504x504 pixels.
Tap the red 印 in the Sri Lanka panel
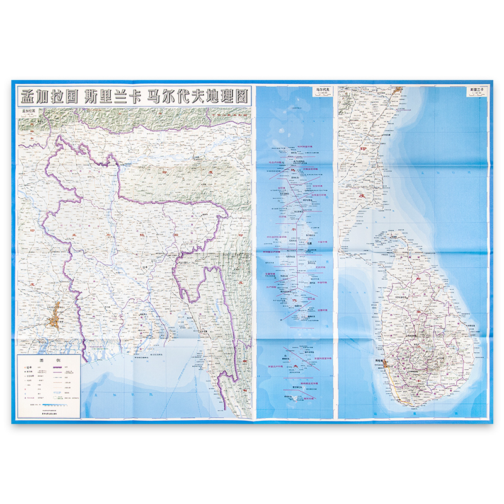[x=361, y=149]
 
